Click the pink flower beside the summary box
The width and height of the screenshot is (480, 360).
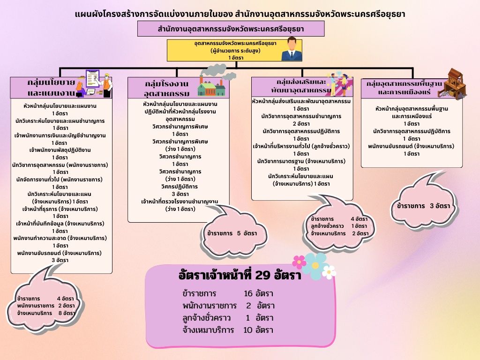click(x=299, y=262)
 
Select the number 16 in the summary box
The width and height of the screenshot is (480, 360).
click(x=248, y=294)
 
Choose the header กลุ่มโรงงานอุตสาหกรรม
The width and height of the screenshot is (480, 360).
click(x=166, y=88)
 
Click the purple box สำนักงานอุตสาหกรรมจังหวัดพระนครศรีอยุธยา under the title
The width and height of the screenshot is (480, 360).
click(x=231, y=29)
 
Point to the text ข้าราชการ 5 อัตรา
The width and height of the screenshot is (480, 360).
click(x=232, y=233)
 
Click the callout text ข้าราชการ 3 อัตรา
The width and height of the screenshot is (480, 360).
click(x=423, y=206)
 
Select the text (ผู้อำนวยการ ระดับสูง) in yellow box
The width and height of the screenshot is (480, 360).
click(x=235, y=50)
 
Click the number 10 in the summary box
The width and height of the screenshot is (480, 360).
click(x=248, y=330)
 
